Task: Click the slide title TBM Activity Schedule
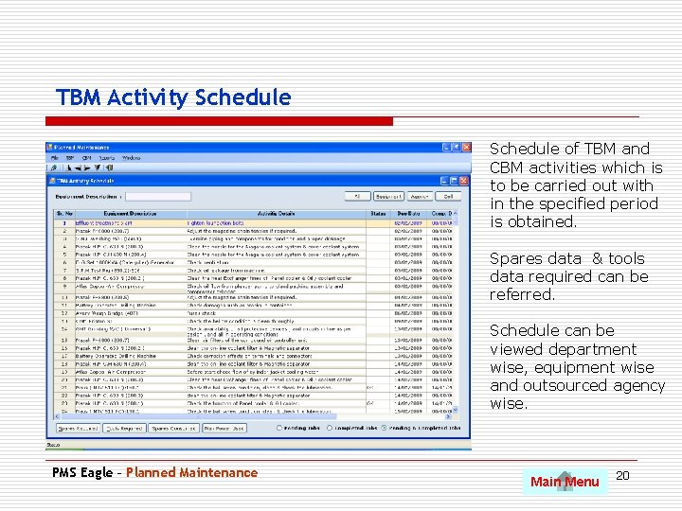tap(173, 97)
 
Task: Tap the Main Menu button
tap(565, 482)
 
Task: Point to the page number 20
tap(622, 473)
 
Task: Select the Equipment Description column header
tap(132, 214)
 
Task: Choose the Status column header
tap(378, 214)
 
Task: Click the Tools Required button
tap(125, 429)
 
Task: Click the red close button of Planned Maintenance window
tap(465, 148)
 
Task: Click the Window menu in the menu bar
tap(132, 157)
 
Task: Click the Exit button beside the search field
tap(448, 196)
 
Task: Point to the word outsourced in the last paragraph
tap(554, 385)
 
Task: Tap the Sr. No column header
tap(64, 214)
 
